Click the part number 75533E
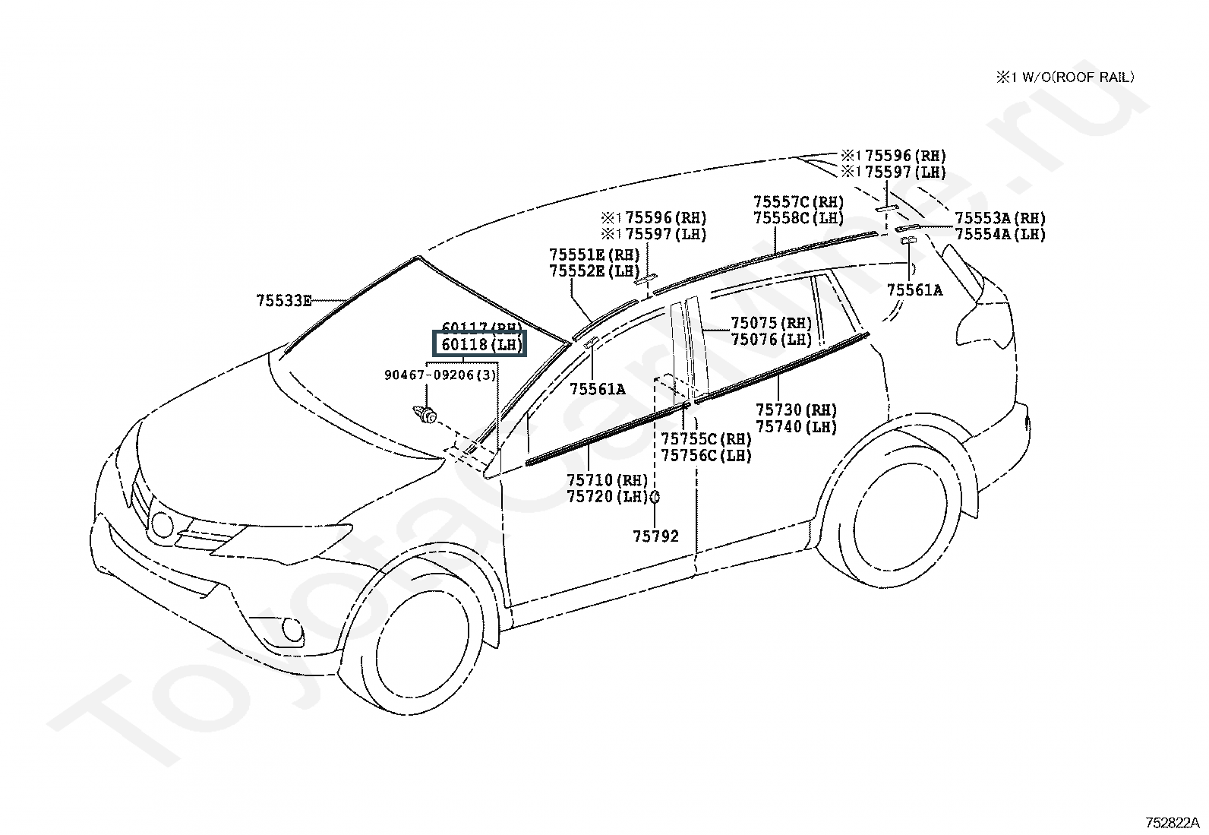coord(284,301)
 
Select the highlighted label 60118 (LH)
coord(478,345)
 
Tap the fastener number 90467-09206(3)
coord(440,375)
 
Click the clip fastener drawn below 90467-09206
coord(425,415)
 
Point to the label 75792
coord(655,536)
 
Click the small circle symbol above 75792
coord(655,498)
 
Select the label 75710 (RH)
coord(607,480)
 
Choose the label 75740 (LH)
coord(796,428)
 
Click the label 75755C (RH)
coord(706,439)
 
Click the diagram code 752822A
coord(1172,822)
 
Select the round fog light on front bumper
coord(291,629)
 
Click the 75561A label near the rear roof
coord(914,289)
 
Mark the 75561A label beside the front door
coord(598,389)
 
